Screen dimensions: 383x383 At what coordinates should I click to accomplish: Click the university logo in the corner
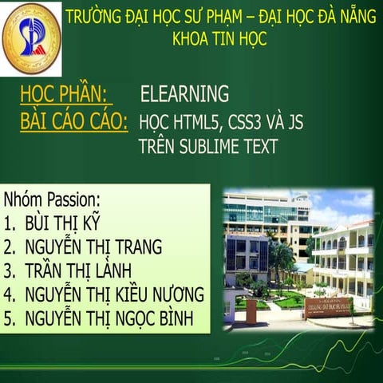click(32, 38)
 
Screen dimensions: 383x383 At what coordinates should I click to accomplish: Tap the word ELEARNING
click(184, 94)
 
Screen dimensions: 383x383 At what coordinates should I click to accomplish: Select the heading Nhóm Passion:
click(52, 199)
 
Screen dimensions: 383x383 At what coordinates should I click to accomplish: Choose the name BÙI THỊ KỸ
click(64, 223)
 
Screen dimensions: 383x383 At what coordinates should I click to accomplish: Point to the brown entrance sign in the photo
click(327, 307)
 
